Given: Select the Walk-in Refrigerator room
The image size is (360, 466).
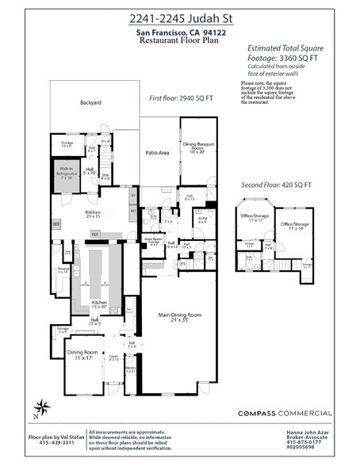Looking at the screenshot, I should click(66, 172).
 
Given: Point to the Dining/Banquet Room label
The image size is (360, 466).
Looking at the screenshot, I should click(198, 149).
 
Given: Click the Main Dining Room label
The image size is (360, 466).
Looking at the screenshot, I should click(178, 317).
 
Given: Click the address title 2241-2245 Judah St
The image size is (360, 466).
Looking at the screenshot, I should click(180, 17).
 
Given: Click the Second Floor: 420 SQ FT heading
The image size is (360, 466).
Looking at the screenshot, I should click(276, 185).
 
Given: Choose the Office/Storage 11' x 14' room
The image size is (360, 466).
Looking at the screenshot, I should click(296, 227).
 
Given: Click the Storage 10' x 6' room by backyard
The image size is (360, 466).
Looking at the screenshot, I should click(67, 144).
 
